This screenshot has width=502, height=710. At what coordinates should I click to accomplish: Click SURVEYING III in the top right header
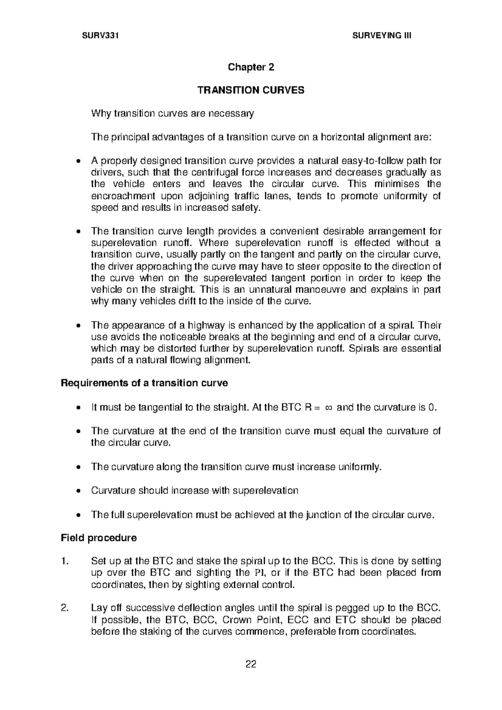tap(382, 36)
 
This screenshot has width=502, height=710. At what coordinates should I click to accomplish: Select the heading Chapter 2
tap(251, 67)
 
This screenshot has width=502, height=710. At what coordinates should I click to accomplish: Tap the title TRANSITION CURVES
tap(251, 90)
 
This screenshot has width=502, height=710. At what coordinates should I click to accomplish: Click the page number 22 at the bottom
tap(251, 664)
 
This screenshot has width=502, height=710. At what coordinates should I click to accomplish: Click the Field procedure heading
tap(99, 538)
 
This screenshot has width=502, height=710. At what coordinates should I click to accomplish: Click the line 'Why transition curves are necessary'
tap(172, 113)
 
